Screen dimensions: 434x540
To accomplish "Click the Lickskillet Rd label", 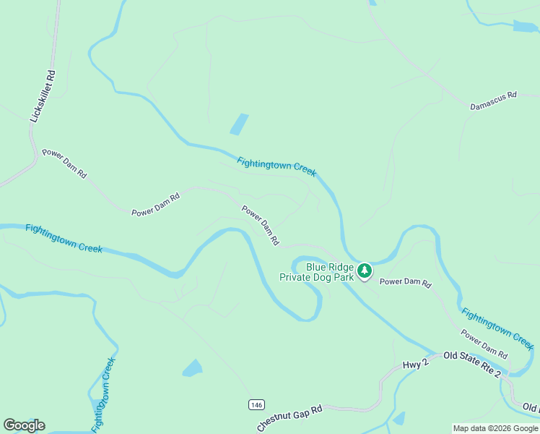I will click(41, 95).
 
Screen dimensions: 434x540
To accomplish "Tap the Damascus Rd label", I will click(494, 100).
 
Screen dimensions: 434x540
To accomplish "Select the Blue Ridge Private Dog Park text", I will click(330, 271).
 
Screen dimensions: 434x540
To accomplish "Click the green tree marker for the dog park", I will click(365, 271).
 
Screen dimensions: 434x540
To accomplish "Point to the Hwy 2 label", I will click(416, 362).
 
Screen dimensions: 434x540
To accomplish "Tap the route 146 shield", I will click(257, 404).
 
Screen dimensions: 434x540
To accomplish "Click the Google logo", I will click(24, 425).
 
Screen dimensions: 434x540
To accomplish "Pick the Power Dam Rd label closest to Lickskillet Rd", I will click(64, 164).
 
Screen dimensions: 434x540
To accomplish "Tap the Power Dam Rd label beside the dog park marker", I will click(405, 283).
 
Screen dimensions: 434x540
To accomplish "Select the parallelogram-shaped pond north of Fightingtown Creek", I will click(239, 124).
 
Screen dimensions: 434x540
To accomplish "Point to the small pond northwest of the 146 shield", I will click(192, 368).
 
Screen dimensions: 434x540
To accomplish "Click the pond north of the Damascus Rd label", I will click(525, 27).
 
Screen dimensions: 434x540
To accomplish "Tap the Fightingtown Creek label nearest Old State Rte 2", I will click(497, 325).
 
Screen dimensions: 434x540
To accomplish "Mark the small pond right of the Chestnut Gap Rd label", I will click(399, 417).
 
